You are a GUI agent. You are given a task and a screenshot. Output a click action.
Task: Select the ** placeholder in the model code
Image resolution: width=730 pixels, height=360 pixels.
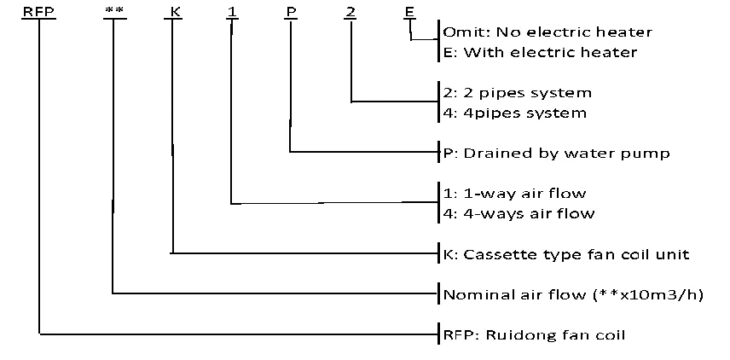pyautogui.click(x=113, y=13)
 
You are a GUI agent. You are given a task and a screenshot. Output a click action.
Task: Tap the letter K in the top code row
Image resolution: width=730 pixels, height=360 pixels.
pyautogui.click(x=172, y=13)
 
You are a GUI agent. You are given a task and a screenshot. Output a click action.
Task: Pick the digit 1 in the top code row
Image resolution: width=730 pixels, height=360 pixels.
pyautogui.click(x=232, y=13)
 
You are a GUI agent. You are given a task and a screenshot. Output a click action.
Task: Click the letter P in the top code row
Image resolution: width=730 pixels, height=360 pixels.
pyautogui.click(x=291, y=13)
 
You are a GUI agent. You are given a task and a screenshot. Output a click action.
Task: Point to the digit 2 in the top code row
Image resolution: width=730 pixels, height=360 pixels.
pyautogui.click(x=351, y=13)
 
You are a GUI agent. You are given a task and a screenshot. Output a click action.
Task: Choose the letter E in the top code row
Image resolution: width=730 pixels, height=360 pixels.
pyautogui.click(x=410, y=13)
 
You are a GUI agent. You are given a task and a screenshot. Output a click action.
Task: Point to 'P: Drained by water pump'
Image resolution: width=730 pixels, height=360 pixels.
pyautogui.click(x=556, y=154)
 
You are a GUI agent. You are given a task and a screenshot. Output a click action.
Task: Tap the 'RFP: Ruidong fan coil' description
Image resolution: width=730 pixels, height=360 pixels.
pyautogui.click(x=534, y=334)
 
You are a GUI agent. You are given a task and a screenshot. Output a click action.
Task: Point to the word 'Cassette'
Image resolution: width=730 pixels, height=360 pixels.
pyautogui.click(x=492, y=254)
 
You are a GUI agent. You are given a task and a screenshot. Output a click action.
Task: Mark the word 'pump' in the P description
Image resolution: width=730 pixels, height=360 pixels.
pyautogui.click(x=650, y=154)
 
